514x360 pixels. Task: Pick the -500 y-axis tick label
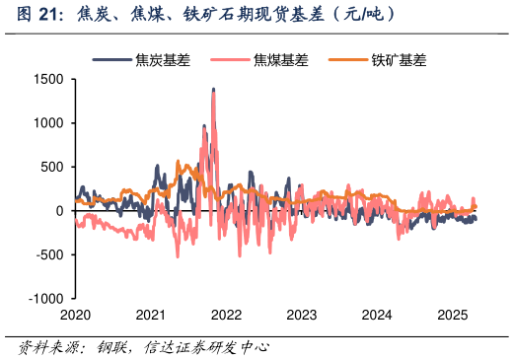pos(49,254)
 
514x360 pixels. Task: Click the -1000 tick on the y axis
pos(45,298)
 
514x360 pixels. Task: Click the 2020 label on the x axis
pos(75,315)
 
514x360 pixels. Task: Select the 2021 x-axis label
pos(150,315)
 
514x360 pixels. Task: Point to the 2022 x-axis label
pos(226,315)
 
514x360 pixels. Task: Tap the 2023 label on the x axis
pos(301,315)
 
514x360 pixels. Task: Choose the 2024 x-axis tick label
pos(377,315)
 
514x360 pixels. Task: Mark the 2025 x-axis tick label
pos(452,315)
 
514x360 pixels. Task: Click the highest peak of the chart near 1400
pos(213,90)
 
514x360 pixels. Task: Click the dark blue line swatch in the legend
pos(112,60)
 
